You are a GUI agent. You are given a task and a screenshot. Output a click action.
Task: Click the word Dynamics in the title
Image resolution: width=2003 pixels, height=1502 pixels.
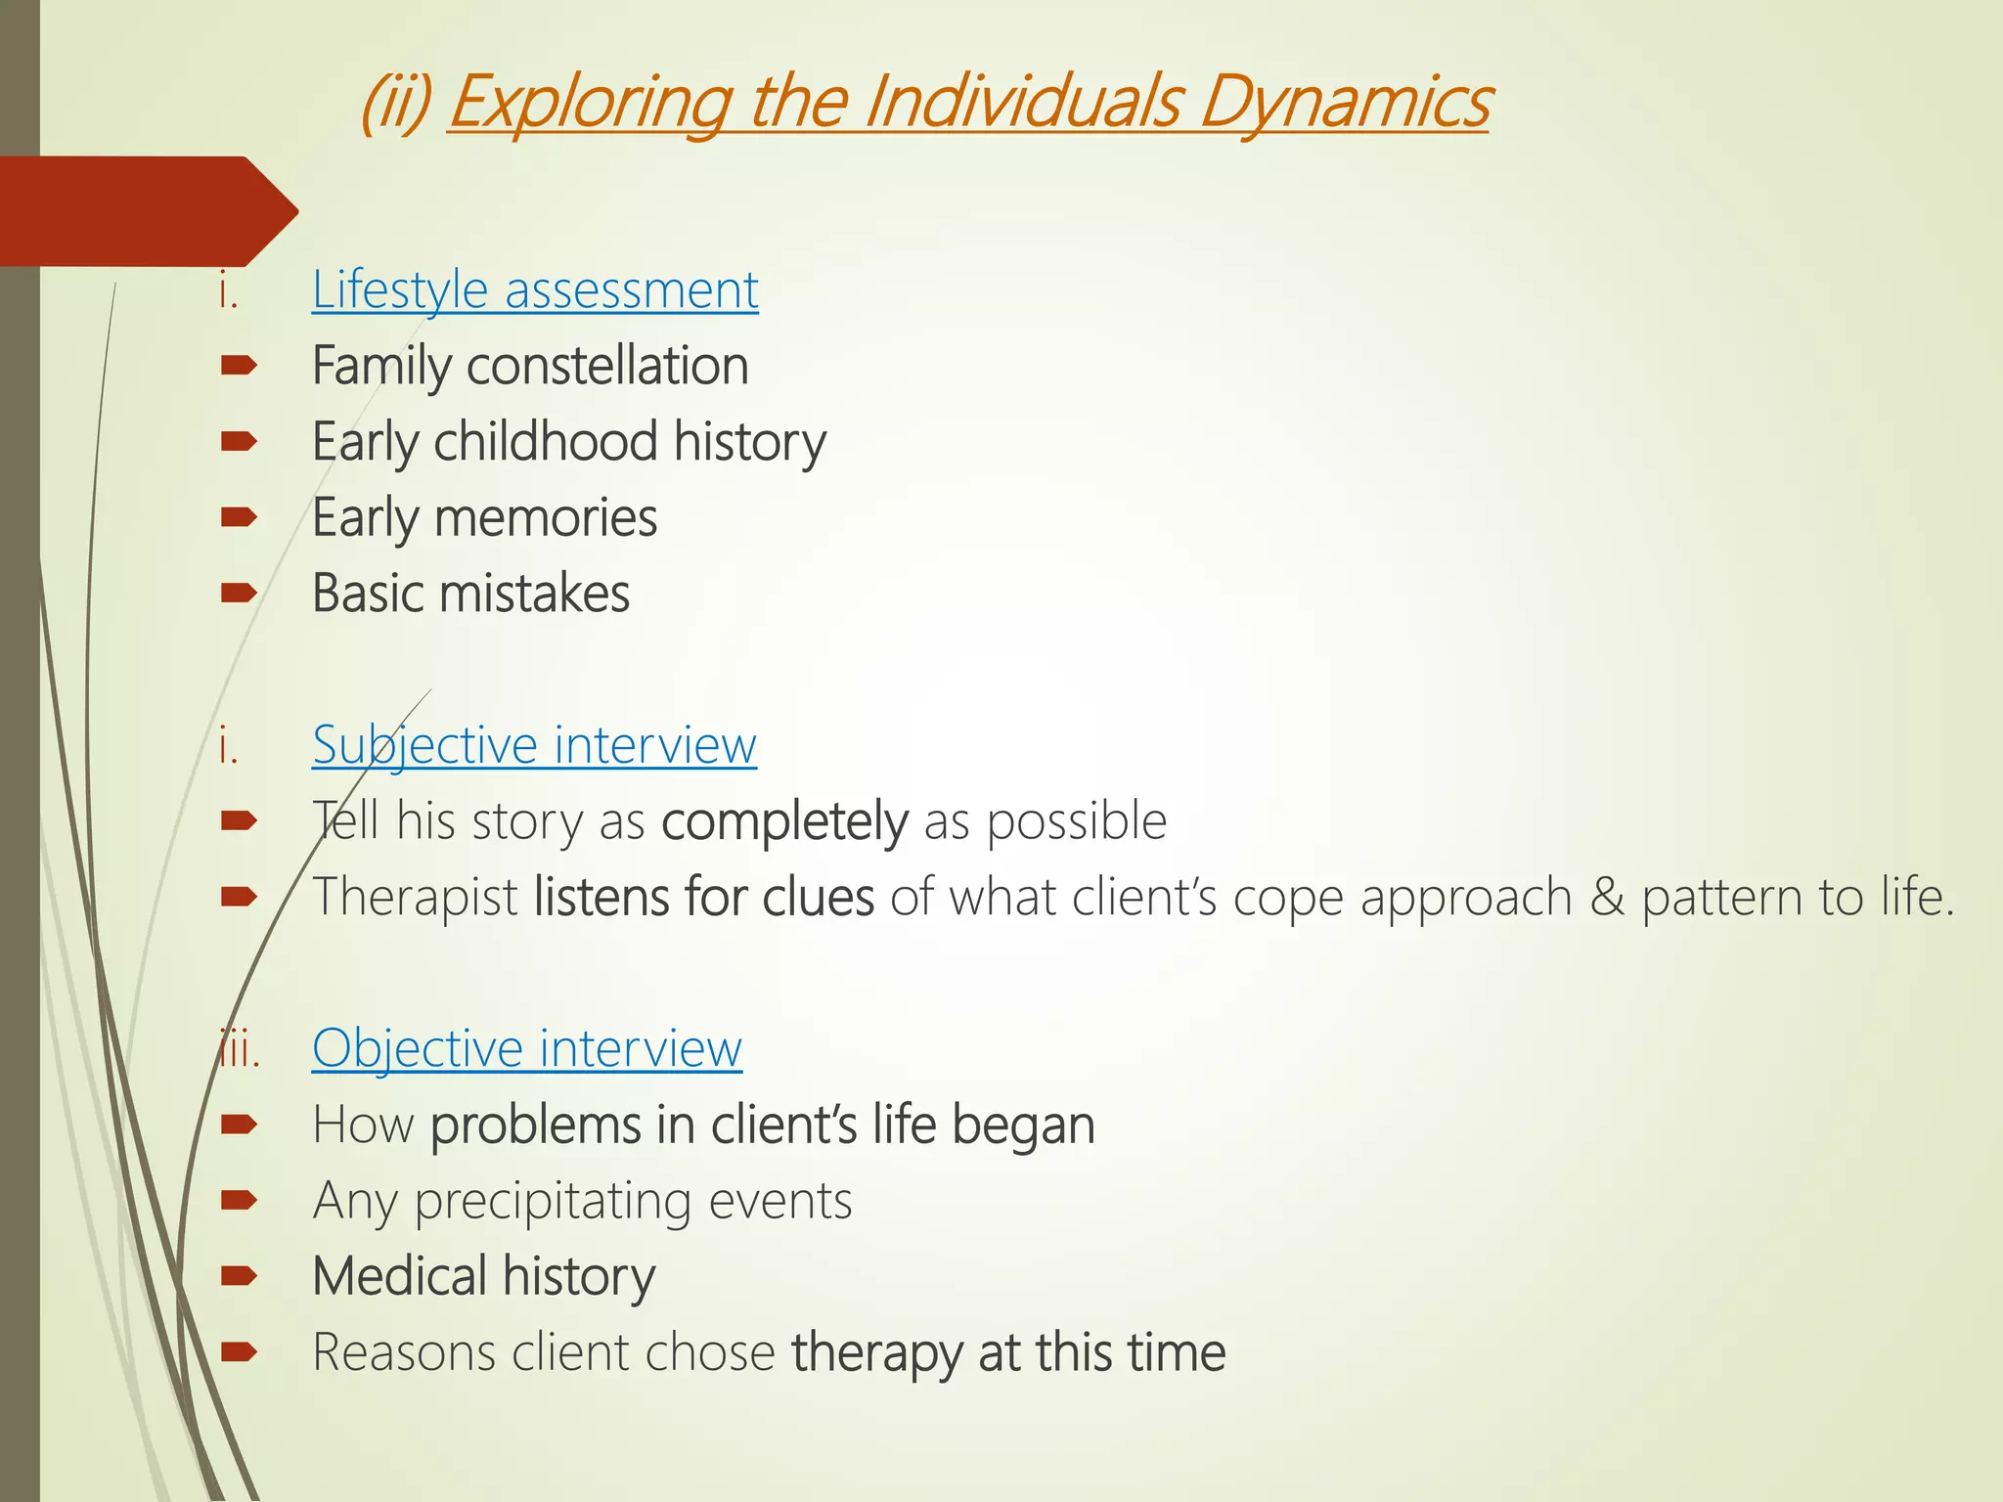click(x=1344, y=102)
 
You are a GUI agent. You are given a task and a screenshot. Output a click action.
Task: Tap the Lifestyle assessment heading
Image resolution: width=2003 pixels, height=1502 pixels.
click(x=534, y=290)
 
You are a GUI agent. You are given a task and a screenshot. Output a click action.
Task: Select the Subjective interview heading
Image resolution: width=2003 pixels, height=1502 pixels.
click(x=534, y=745)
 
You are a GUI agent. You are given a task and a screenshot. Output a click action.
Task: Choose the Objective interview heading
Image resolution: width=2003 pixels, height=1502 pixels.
click(x=526, y=1048)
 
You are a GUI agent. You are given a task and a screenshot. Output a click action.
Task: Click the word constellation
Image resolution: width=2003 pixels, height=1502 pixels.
click(x=607, y=366)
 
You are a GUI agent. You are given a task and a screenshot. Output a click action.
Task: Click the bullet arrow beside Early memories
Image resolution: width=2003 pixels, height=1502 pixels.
click(x=239, y=517)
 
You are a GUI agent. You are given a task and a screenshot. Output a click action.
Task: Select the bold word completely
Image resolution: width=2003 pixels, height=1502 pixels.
click(x=784, y=821)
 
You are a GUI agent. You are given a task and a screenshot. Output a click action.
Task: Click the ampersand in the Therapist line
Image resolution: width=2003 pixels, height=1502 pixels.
click(x=1605, y=897)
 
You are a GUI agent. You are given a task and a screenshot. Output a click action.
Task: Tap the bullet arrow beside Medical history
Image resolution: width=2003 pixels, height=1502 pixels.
click(x=239, y=1276)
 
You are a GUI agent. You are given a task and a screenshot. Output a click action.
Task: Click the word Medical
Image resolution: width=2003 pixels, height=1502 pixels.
click(x=399, y=1276)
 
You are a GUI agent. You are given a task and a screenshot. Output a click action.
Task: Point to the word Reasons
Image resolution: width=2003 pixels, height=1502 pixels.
click(x=404, y=1352)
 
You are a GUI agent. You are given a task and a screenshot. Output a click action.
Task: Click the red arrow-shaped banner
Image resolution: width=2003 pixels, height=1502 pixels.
click(x=137, y=211)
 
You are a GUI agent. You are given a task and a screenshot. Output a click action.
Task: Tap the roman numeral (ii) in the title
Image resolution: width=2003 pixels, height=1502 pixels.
click(x=395, y=104)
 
